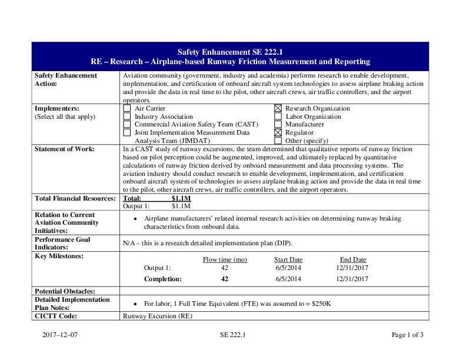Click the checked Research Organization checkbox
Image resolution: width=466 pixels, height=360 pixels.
[x=278, y=108]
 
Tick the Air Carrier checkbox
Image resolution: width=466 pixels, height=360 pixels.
[x=127, y=108]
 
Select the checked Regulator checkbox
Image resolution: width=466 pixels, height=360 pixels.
[x=278, y=133]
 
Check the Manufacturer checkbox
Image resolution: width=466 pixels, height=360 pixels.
[x=278, y=125]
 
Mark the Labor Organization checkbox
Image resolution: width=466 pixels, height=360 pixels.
[x=278, y=116]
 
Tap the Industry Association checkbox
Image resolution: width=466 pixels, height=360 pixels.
[x=127, y=116]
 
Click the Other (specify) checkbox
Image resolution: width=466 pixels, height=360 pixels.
[x=278, y=141]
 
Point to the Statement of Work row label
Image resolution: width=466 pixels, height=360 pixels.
[x=64, y=149]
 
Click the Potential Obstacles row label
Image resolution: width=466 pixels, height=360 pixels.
[x=65, y=291]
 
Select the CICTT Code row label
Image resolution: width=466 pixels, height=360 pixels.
[x=56, y=316]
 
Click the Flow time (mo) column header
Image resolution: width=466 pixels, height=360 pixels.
[x=225, y=259]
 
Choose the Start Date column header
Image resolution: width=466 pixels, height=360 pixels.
[x=288, y=259]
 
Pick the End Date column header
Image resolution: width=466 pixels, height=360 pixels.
[x=353, y=259]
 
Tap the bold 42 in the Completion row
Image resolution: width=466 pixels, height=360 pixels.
[x=225, y=279]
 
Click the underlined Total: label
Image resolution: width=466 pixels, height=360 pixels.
[x=132, y=199]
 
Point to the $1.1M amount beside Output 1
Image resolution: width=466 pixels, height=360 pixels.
[x=181, y=206]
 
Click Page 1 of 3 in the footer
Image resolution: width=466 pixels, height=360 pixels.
[x=407, y=335]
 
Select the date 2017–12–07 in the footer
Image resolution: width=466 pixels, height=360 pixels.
[x=60, y=335]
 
